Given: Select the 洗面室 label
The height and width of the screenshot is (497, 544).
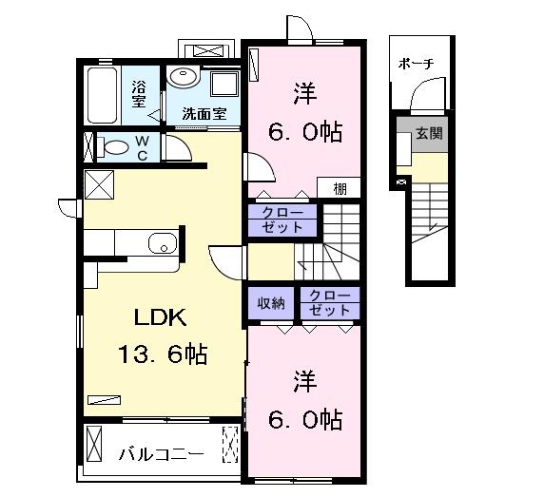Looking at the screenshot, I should click(x=204, y=114).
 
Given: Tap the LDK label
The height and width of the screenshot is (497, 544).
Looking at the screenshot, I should click(x=151, y=318).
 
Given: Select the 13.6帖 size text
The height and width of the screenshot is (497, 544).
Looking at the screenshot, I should click(x=162, y=354).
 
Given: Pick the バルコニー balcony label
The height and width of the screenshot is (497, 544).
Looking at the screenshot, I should click(x=161, y=453).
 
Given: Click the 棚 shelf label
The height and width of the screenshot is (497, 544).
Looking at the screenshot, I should click(x=340, y=188).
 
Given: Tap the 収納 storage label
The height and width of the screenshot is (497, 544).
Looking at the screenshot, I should click(x=271, y=304).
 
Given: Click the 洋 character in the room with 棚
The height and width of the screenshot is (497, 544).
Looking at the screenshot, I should click(x=304, y=95).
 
